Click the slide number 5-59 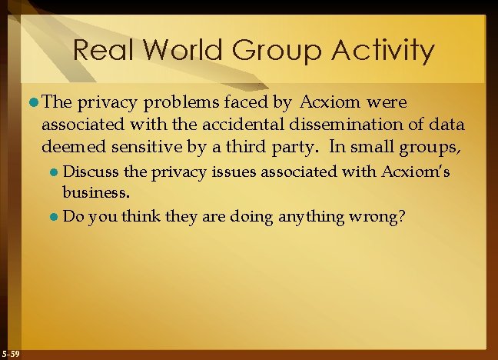tap(12, 353)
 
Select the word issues tap(211, 173)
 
